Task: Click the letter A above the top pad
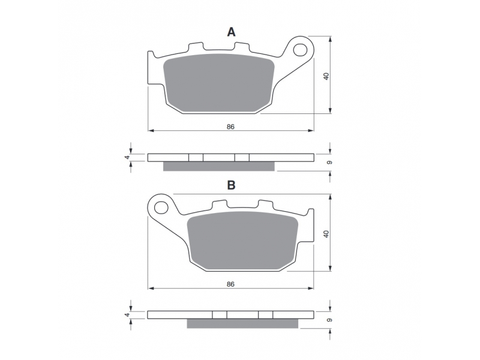click(231, 32)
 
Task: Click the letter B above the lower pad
click(231, 185)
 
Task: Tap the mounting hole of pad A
click(301, 50)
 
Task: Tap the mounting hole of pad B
click(161, 208)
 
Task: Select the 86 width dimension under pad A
click(230, 127)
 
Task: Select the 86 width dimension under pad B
click(230, 284)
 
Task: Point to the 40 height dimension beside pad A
click(326, 76)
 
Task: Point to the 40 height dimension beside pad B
click(326, 234)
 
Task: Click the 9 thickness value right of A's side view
click(329, 162)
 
